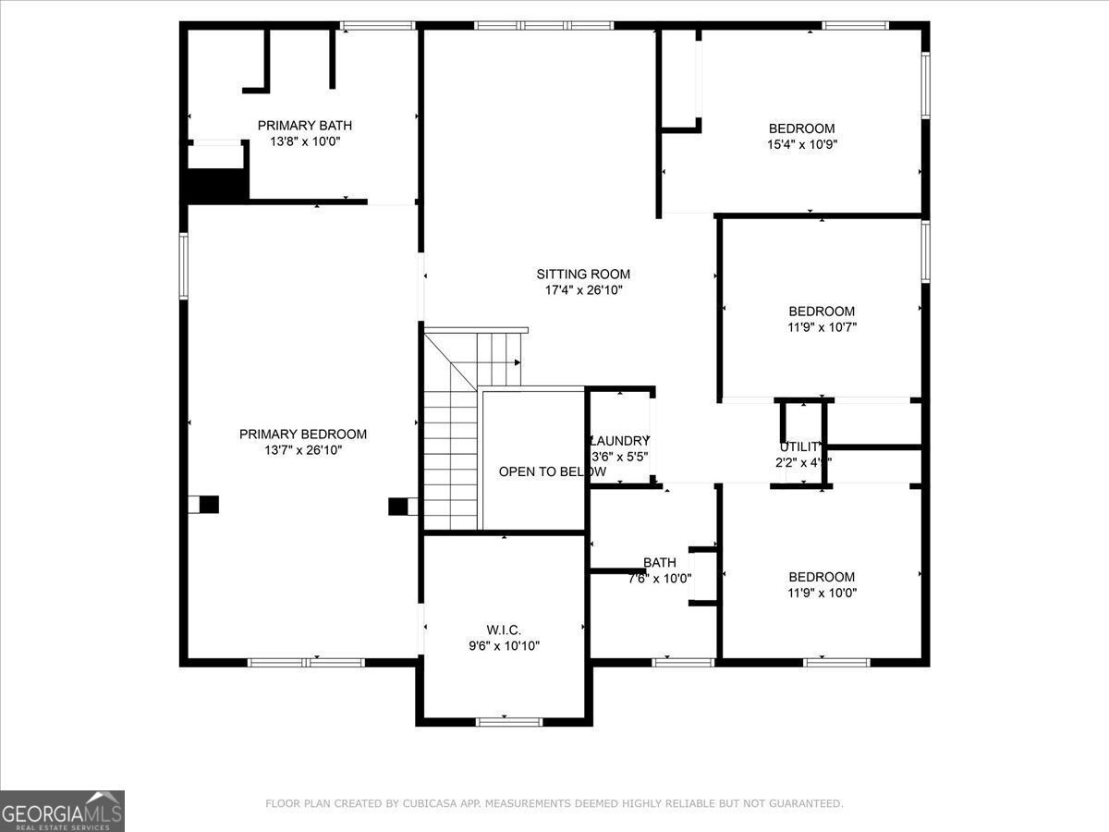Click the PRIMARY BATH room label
[304, 126]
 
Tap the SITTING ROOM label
[583, 274]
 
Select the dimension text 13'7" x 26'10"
[303, 450]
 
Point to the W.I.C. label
[504, 630]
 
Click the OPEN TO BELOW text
[552, 471]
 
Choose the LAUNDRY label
[619, 441]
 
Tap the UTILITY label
[798, 447]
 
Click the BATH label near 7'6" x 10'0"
[660, 562]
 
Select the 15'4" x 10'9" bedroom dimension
[802, 144]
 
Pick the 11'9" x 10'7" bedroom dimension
[822, 326]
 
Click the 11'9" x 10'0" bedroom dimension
[822, 593]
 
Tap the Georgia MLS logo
[62, 811]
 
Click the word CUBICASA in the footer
[430, 804]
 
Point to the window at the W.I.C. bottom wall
[508, 721]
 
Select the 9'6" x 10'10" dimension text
[504, 646]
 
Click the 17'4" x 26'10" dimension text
[583, 290]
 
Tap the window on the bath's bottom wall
[683, 662]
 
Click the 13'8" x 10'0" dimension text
[304, 142]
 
